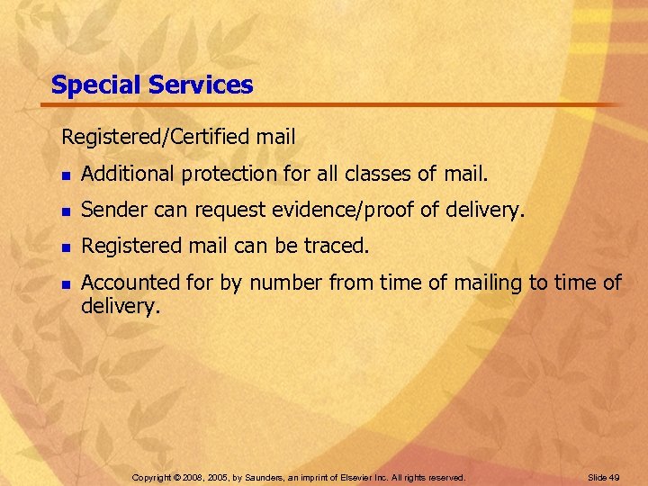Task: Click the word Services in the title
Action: click(201, 85)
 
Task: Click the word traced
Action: click(338, 246)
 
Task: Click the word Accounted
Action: click(131, 283)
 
